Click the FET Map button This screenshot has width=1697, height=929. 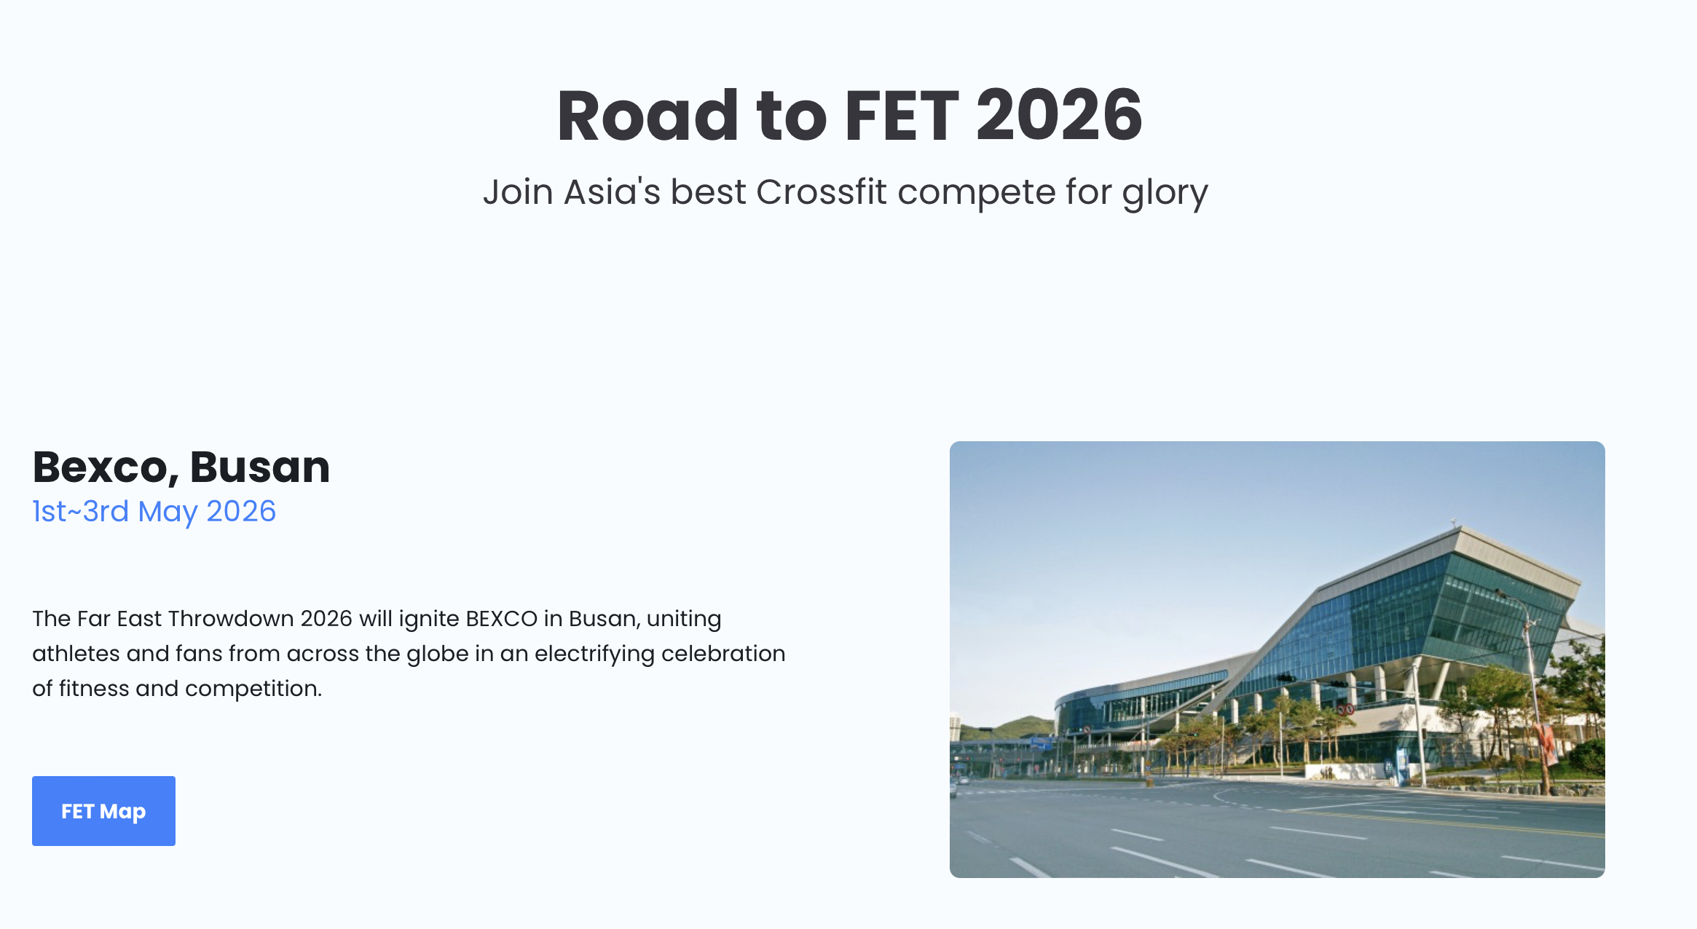pos(103,810)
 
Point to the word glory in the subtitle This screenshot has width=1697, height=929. pos(1165,194)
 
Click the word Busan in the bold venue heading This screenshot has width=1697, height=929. pos(260,467)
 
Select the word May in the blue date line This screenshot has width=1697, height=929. pos(168,513)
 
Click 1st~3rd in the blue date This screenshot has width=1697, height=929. pos(81,511)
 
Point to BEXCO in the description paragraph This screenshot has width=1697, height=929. pos(501,618)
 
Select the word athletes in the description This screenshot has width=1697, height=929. pos(76,653)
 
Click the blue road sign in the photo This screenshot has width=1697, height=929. pos(1042,743)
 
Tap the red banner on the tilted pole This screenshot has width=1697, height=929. pos(1546,743)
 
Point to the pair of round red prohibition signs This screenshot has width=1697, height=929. pos(1345,708)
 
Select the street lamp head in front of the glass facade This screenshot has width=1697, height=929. pos(1501,594)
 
